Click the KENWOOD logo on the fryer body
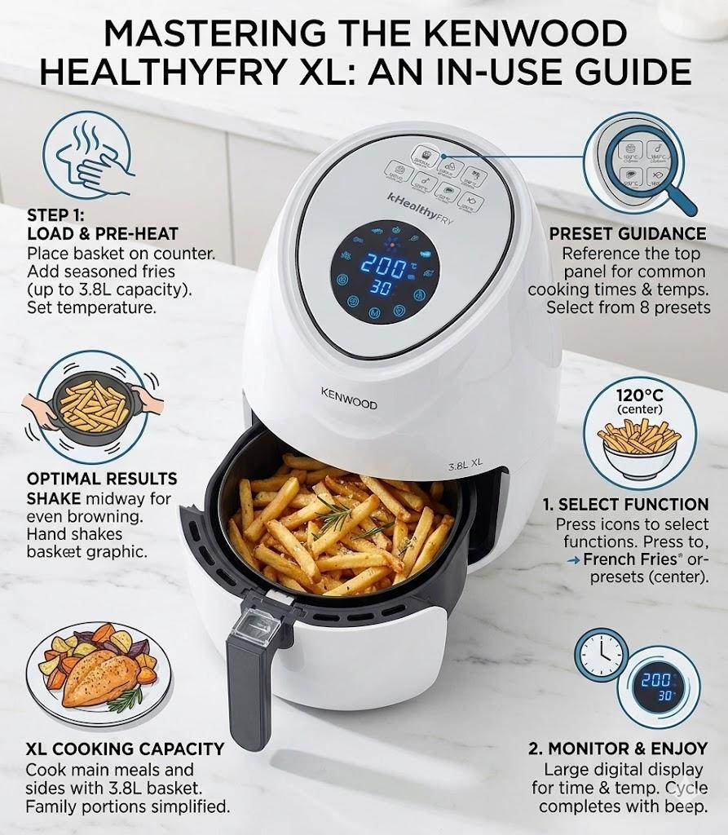coord(348,397)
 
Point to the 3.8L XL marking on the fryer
coord(465,464)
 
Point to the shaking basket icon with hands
coord(90,403)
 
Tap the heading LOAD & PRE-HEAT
coord(103,234)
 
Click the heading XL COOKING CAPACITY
coord(125,749)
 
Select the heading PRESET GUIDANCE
coord(628,234)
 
